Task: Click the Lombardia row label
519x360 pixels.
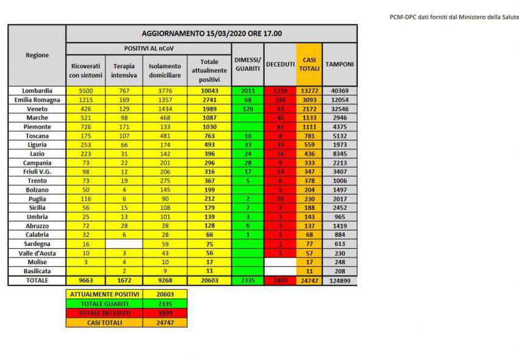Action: (x=37, y=90)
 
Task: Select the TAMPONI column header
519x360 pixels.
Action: (x=340, y=64)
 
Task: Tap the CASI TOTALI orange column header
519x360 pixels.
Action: (x=309, y=64)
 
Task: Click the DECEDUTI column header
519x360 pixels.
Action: (x=281, y=64)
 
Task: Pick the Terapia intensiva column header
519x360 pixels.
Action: (x=124, y=70)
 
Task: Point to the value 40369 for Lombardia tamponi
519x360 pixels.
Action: (x=340, y=90)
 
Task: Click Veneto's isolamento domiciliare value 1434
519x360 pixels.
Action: (x=165, y=109)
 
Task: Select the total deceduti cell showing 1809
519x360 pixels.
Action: (x=281, y=281)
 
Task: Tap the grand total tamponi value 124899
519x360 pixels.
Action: (x=340, y=281)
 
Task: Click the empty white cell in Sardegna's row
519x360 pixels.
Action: (x=124, y=243)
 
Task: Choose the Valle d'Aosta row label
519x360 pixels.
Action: (x=37, y=253)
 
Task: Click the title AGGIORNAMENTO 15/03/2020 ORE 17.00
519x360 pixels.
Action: (x=211, y=34)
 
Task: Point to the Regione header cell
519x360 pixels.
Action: (x=37, y=55)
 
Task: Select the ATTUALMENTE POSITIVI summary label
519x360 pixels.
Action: (x=104, y=294)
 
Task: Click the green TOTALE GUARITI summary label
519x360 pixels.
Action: (x=104, y=303)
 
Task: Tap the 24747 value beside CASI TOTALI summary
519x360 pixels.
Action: (x=165, y=322)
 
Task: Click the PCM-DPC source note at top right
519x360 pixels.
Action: (x=454, y=17)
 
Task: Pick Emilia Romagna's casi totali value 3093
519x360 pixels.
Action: (x=309, y=99)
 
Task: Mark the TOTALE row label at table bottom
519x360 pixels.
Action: (x=37, y=281)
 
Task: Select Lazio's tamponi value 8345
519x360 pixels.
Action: (x=340, y=154)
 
